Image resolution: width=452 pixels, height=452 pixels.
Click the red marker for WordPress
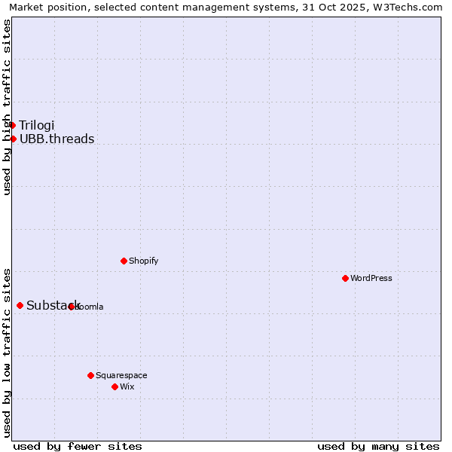coord(345,278)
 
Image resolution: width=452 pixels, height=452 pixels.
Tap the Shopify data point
coord(124,261)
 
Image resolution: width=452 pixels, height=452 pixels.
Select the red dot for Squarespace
coord(90,375)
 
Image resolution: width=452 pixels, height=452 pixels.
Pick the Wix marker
coord(115,386)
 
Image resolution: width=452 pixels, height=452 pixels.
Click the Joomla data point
coord(72,307)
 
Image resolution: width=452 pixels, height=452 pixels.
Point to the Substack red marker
coord(20,305)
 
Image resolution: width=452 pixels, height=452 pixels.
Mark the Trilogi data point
coord(13,125)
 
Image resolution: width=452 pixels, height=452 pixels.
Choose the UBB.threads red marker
coord(13,139)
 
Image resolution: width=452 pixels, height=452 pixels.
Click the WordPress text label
coord(371,278)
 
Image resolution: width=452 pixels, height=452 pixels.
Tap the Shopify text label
coord(144,261)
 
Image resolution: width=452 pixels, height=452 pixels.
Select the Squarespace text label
coord(121,375)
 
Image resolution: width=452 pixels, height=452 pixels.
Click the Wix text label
coord(127,386)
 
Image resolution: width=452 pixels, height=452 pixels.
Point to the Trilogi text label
coord(37,125)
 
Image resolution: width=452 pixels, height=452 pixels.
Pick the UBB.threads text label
coord(57,139)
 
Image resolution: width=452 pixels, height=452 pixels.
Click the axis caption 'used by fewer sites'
coord(78,446)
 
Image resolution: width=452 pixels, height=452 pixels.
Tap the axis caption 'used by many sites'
coord(378,446)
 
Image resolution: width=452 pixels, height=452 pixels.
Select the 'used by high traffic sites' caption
coord(8,107)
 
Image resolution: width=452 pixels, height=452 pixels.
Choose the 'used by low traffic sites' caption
coord(8,352)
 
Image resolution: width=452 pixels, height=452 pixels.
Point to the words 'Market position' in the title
coord(44,7)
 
